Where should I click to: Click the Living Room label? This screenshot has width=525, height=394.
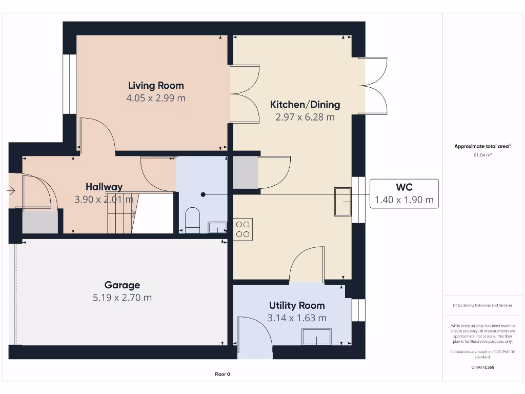point(156,86)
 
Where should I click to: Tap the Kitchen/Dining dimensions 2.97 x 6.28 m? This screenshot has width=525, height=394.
point(305,117)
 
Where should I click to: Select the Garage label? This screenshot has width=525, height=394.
point(122,285)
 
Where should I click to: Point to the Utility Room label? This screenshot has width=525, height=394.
point(297,306)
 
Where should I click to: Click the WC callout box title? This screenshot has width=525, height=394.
point(404,187)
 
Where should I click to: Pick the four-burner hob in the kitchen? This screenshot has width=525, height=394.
point(243,229)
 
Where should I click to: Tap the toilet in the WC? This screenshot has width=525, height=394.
point(192,220)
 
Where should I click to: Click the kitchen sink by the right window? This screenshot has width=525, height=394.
point(343,202)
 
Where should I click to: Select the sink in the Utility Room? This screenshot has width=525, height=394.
point(316,337)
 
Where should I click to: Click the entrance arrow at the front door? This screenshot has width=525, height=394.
point(11,191)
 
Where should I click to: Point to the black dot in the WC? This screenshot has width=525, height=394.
point(203,194)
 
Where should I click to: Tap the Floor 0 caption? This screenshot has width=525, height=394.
point(223,374)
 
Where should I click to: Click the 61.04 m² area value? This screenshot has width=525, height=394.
point(482,155)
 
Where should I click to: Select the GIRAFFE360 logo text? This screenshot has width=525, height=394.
point(482,367)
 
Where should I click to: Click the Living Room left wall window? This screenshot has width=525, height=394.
point(70,84)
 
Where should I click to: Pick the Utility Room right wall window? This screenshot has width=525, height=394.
point(358,310)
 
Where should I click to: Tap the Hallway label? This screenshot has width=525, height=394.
point(104,187)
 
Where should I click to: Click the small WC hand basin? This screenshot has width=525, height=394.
point(217,227)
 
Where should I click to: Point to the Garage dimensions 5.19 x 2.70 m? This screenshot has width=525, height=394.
point(122,298)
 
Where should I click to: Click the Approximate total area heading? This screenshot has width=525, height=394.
point(482,146)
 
